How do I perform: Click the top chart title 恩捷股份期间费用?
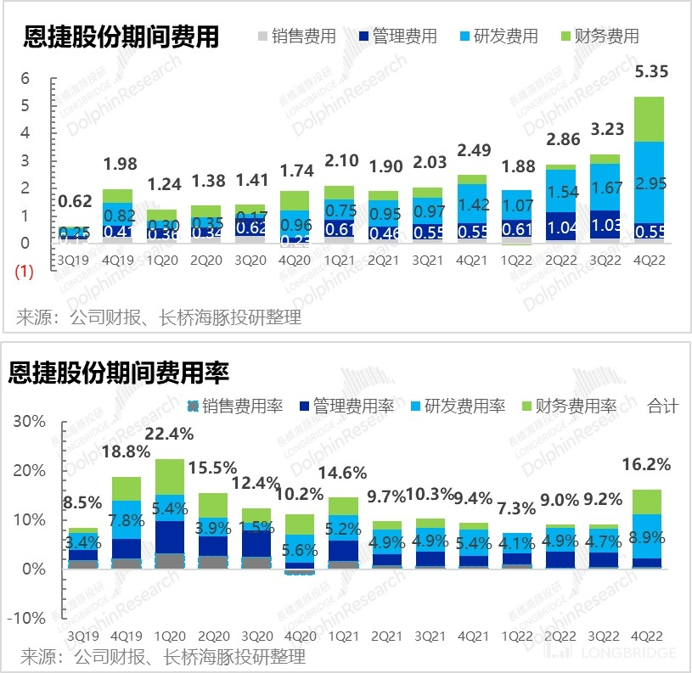coord(121,36)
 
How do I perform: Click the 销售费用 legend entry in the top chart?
coord(296,36)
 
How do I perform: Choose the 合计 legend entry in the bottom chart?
coord(662,407)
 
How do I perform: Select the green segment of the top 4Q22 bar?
coord(650,119)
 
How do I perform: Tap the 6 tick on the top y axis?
coord(25,78)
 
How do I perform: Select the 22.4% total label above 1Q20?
coord(171,434)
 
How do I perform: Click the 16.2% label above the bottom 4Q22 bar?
coord(648,465)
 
